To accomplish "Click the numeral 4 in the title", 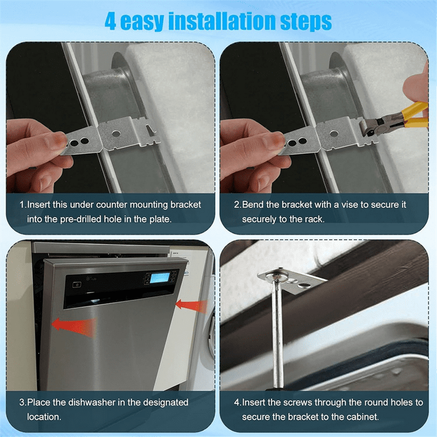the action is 110,21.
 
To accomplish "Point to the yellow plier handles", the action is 415,115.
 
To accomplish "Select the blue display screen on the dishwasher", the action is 160,278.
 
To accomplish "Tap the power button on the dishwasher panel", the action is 77,285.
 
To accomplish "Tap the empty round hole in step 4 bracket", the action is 304,285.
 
